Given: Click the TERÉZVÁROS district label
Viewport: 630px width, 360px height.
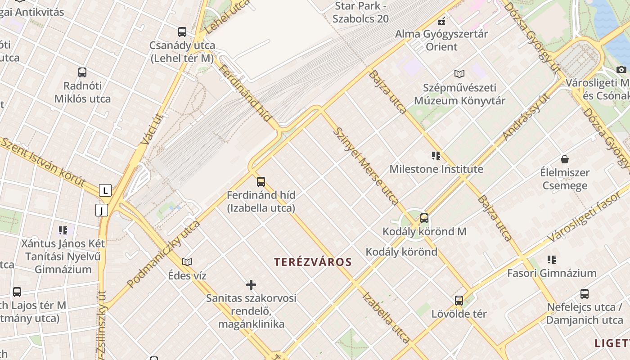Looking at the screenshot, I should tap(313, 262).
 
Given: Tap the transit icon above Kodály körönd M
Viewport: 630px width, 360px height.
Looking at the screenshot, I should tap(424, 218).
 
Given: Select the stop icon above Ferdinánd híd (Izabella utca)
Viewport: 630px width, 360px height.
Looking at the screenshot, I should tap(261, 182).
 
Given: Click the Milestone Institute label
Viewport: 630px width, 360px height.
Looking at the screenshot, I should tap(436, 169).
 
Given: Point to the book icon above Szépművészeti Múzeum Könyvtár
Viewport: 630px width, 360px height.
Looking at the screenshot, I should tap(459, 74).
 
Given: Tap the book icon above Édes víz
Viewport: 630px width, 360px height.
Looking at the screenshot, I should tap(187, 262).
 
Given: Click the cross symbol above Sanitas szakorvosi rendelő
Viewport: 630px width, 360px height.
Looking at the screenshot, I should tap(251, 285).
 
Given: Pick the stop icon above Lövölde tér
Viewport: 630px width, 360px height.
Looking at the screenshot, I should tap(459, 300).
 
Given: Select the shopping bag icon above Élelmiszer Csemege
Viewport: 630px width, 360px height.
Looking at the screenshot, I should tap(565, 159).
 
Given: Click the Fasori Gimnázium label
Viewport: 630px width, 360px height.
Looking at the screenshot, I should tap(552, 273).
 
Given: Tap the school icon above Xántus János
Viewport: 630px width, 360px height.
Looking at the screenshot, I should tap(63, 230).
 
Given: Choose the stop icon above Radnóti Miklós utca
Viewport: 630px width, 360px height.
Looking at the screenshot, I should tap(82, 72).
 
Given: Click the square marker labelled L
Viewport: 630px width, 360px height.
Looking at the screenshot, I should tap(105, 190).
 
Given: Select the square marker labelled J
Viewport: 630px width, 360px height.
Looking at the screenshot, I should tap(102, 210).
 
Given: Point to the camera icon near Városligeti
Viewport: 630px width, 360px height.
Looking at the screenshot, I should tap(621, 69).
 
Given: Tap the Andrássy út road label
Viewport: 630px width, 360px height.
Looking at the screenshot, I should tap(526, 117).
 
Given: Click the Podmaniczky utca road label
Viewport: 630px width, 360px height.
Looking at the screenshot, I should tap(163, 254).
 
